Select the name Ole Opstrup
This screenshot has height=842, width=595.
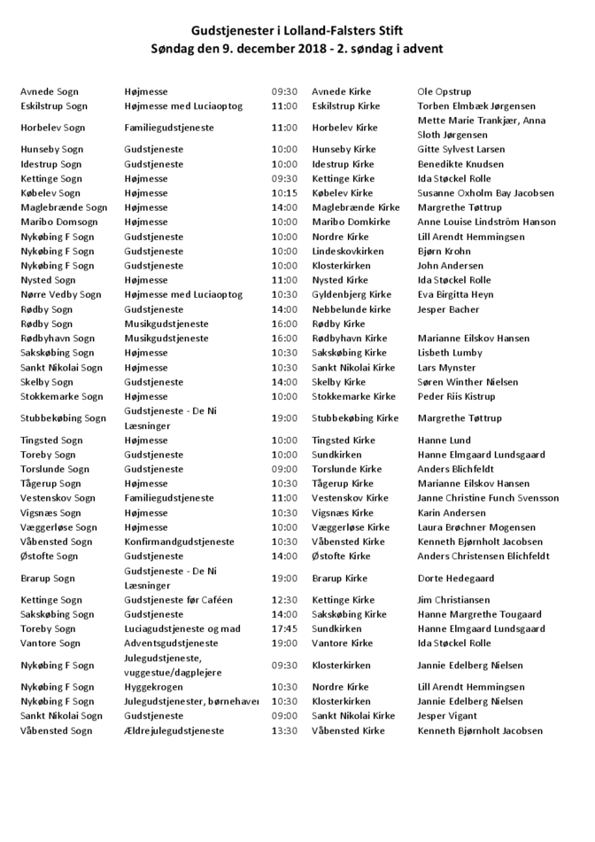tap(444, 91)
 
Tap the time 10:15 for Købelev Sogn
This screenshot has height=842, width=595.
tap(284, 193)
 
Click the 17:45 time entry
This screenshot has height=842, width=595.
tap(284, 628)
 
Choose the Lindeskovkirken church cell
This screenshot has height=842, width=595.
tap(348, 252)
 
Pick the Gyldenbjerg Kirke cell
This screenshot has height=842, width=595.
tap(352, 295)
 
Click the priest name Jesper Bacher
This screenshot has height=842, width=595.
tap(448, 309)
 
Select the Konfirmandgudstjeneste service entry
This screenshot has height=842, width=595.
tap(179, 542)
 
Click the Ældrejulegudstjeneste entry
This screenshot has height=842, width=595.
tap(174, 731)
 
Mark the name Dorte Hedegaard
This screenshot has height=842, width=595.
tap(457, 578)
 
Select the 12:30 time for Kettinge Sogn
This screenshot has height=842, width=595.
tap(284, 600)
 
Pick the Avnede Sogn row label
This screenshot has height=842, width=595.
tap(50, 91)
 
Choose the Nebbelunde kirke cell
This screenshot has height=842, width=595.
tap(352, 309)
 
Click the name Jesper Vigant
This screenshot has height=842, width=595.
tap(448, 716)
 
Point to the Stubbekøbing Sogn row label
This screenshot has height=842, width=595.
tap(63, 418)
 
